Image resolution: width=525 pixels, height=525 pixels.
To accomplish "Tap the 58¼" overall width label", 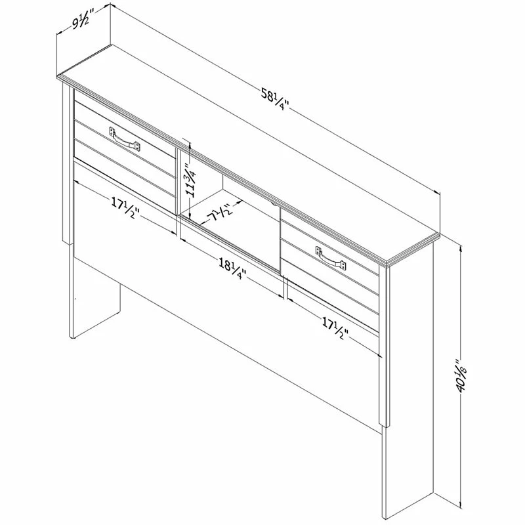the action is tap(275, 100).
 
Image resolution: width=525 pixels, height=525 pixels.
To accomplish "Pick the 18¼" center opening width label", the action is tap(232, 270).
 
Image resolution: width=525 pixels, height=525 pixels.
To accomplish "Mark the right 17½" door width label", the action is tap(335, 329).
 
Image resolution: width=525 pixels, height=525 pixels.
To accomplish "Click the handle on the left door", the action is tap(125, 139).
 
